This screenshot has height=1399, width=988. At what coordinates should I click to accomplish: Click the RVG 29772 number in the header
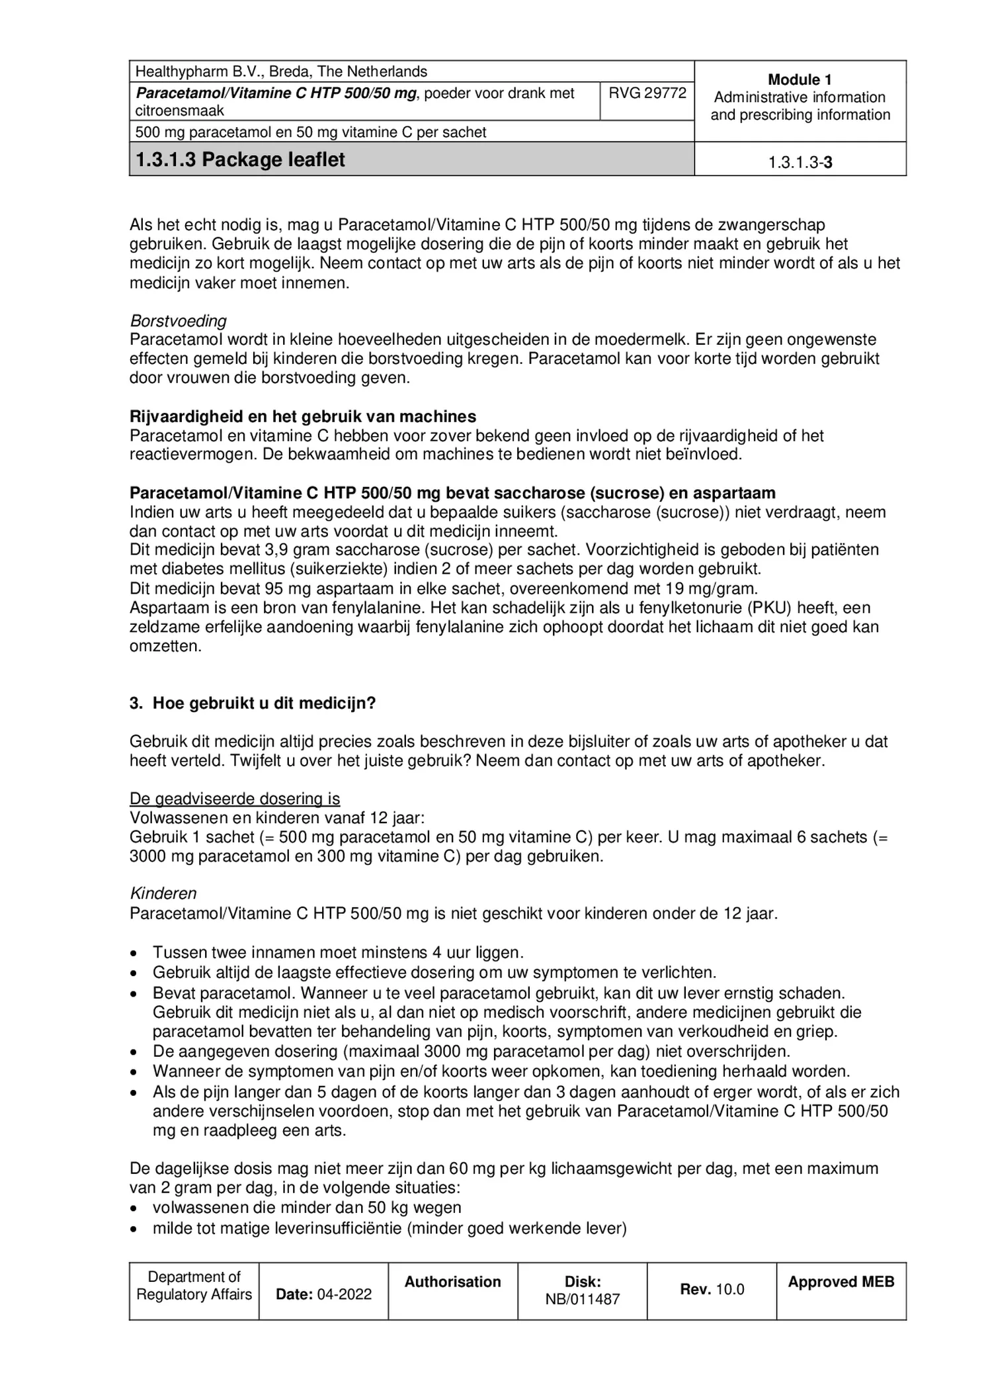coord(647,93)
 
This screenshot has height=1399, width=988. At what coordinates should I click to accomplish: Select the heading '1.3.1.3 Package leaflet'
coord(240,160)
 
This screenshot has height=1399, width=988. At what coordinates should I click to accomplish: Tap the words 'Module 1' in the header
coord(799,80)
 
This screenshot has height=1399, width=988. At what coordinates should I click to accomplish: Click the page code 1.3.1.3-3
coord(800,163)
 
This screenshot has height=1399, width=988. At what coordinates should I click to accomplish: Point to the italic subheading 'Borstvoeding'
coord(178,321)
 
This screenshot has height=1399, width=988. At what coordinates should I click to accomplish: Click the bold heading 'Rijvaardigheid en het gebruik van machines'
coord(302,416)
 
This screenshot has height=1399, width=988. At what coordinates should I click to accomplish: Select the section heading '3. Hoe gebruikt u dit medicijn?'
coord(253,703)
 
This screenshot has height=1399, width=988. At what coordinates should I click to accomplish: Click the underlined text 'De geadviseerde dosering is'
coord(235,799)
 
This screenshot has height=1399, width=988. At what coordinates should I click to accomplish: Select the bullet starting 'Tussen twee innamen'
coord(337,952)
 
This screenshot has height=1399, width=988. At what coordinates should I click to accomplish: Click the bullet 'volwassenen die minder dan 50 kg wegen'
coord(307,1208)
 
